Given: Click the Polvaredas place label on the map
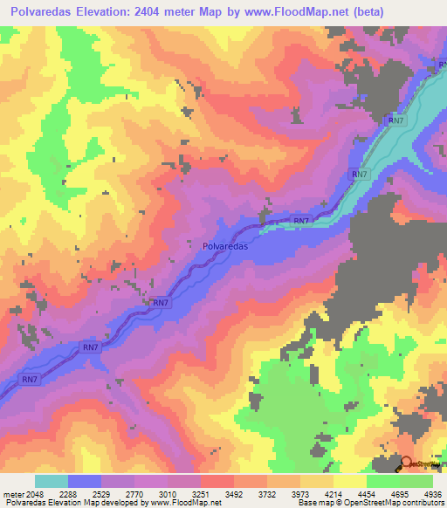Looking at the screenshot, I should (x=224, y=247).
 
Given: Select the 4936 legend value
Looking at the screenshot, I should (x=430, y=493).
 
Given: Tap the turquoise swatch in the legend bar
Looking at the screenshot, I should (x=52, y=481).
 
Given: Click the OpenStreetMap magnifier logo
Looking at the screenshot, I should (x=407, y=464).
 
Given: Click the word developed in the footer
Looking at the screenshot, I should (x=118, y=503).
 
